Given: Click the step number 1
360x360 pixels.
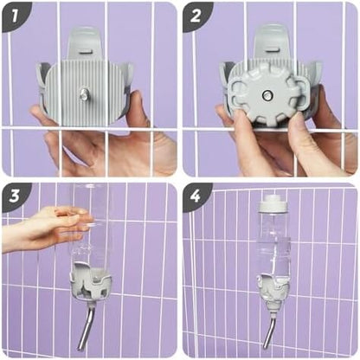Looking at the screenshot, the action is [15, 16].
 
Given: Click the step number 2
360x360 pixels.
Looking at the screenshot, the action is [196, 16].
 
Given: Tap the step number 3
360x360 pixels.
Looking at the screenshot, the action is [15, 196].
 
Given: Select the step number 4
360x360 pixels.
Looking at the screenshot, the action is [196, 196].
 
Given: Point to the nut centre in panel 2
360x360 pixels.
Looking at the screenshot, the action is [267, 94].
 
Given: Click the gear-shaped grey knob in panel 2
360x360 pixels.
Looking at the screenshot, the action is [264, 96].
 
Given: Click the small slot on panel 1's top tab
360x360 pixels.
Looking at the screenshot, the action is [86, 52].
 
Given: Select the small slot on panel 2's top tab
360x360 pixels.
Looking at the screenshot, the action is [272, 50].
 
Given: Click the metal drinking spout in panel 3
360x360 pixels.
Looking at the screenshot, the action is [86, 324].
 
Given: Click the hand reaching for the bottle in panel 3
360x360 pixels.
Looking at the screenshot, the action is [43, 228].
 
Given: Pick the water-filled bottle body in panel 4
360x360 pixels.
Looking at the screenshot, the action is [273, 245].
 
